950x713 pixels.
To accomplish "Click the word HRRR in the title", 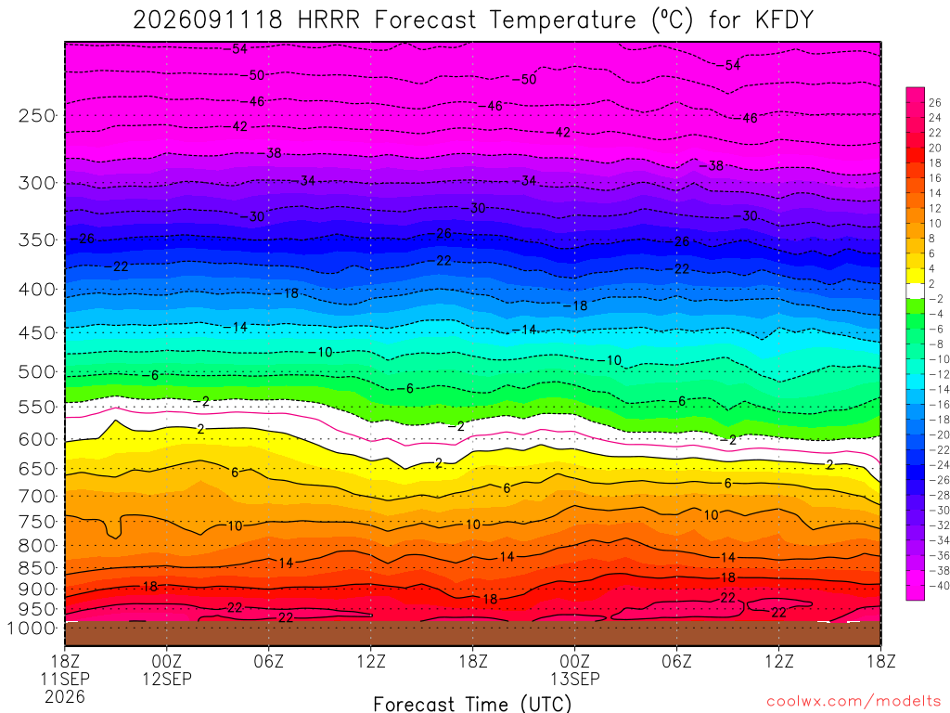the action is point(328,20).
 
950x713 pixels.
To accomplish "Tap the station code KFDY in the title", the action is point(783,20).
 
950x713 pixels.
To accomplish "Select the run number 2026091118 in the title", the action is point(207,20).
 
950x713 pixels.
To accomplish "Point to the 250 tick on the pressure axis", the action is point(36,115).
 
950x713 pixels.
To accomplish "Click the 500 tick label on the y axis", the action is point(36,371).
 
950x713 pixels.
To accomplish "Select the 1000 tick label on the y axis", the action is point(32,629).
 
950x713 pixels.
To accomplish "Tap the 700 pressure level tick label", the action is point(36,496).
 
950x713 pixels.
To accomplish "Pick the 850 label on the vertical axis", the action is point(36,568).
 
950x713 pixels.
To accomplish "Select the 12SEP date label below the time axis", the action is point(167,679).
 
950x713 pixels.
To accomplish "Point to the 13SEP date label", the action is point(575,679).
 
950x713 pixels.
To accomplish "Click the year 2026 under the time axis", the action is point(65,696).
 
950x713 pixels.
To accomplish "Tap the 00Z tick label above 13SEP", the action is point(575,660).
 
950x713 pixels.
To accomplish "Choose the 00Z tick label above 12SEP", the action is point(167,660).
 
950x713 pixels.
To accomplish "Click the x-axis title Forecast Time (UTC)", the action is point(472,704).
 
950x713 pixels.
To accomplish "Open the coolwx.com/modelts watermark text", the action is point(854,702).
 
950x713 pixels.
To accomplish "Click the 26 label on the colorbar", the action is point(935,102).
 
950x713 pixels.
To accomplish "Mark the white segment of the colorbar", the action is point(915,291).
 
